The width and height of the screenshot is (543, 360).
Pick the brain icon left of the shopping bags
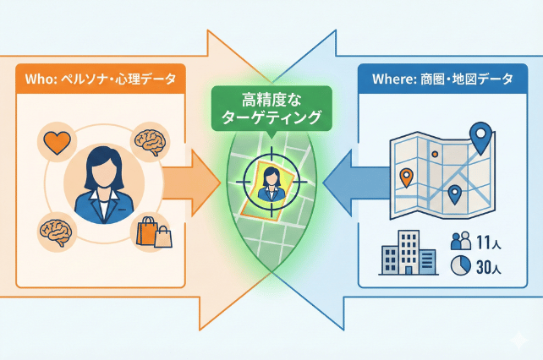(53, 229)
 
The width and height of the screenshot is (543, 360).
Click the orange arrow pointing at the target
(187, 180)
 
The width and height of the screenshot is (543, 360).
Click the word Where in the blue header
(392, 79)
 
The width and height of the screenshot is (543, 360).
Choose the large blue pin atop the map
(481, 136)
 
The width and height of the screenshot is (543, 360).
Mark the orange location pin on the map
(407, 177)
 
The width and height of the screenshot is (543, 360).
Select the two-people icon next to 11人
(460, 241)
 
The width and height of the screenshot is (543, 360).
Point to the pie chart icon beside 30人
(461, 266)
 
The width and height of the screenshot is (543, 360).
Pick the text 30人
(491, 267)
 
